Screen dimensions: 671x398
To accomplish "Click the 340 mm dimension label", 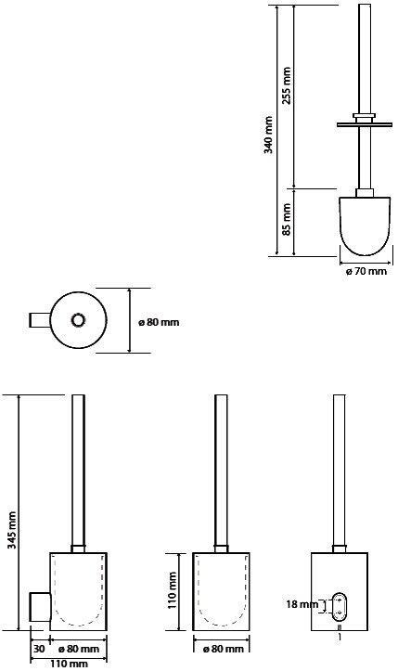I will pyautogui.click(x=268, y=134).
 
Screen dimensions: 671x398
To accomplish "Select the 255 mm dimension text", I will pyautogui.click(x=287, y=84).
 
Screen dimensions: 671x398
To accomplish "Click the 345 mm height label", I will pyautogui.click(x=12, y=530).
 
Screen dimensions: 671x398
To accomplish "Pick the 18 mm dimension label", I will pyautogui.click(x=303, y=604).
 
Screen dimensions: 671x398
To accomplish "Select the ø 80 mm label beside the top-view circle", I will pyautogui.click(x=158, y=322).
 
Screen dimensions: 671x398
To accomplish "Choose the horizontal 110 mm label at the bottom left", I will pyautogui.click(x=69, y=664).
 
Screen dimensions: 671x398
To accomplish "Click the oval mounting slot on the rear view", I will pyautogui.click(x=340, y=607).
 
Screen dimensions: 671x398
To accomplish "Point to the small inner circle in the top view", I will pyautogui.click(x=78, y=321).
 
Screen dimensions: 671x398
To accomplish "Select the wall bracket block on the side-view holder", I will pyautogui.click(x=38, y=607).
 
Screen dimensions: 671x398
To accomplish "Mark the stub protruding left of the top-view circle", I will pyautogui.click(x=38, y=321).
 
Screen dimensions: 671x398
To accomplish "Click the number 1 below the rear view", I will pyautogui.click(x=340, y=639).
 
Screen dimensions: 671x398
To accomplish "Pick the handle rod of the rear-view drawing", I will pyautogui.click(x=339, y=473).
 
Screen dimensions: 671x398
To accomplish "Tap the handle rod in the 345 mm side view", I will pyautogui.click(x=79, y=473).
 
